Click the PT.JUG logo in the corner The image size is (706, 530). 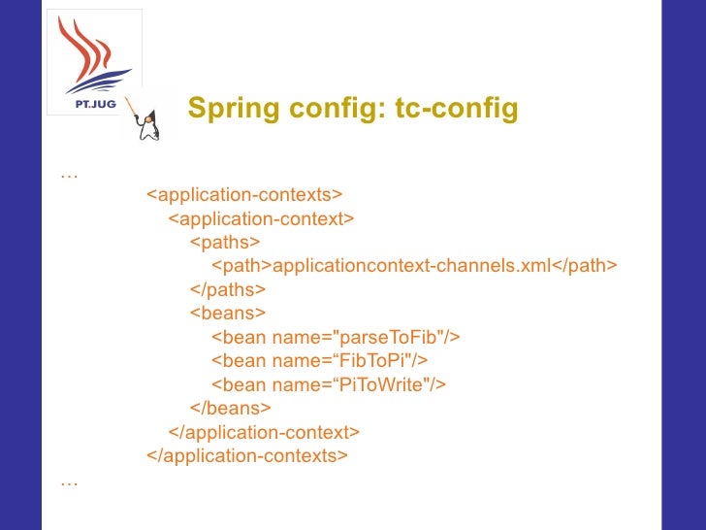click(94, 62)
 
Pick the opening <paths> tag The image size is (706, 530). click(225, 243)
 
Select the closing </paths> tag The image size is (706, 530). click(228, 290)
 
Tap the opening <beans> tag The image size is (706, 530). click(227, 314)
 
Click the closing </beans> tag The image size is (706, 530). click(230, 409)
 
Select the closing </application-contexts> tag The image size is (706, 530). click(246, 455)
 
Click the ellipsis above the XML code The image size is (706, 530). click(69, 175)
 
